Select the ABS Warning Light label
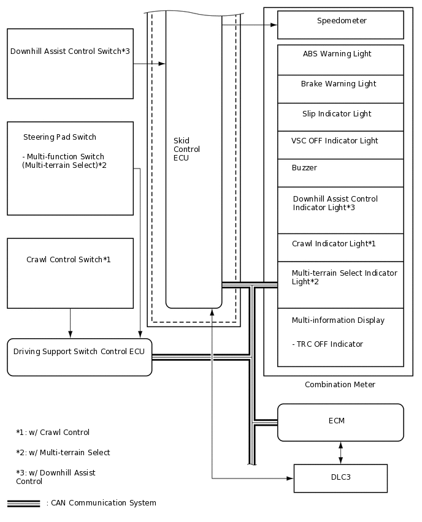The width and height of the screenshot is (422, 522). (337, 54)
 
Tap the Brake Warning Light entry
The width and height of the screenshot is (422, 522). (338, 84)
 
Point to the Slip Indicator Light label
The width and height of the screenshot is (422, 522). (337, 114)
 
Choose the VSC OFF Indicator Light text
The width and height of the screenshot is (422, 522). (334, 141)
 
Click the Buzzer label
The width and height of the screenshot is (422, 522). (304, 168)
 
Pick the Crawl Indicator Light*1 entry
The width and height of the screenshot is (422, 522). (334, 244)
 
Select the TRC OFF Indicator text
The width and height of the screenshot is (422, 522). (328, 344)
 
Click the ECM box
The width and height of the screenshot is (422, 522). (340, 422)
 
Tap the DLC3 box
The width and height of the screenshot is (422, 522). (340, 478)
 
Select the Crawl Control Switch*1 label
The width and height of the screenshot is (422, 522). (69, 260)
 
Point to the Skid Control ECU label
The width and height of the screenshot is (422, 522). (186, 149)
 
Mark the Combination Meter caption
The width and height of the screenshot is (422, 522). (340, 385)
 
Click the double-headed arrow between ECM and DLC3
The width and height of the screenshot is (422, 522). (340, 453)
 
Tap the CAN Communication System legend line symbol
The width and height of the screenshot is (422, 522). (23, 504)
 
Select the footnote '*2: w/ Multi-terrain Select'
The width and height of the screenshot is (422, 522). (63, 453)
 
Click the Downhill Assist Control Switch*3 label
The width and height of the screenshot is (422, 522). (70, 51)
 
